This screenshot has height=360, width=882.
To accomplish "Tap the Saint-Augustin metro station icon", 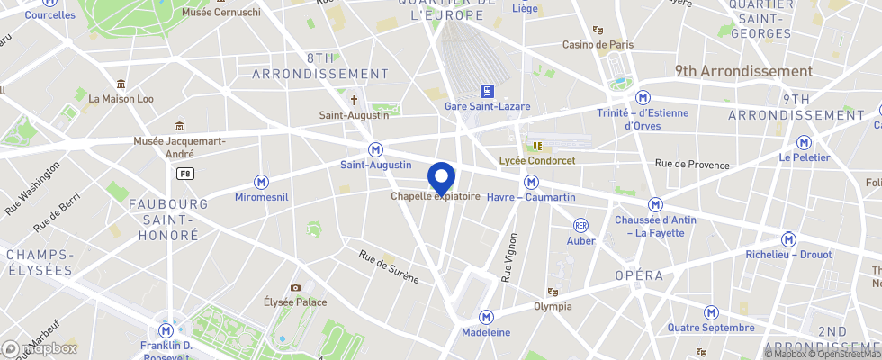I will tap(376, 149).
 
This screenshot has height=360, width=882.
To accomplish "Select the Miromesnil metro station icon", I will tap(262, 182).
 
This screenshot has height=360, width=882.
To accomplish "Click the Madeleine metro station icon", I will tap(486, 317).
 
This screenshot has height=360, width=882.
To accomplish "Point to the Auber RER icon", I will tap(581, 225).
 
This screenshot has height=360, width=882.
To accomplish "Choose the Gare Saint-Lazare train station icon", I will tap(487, 91).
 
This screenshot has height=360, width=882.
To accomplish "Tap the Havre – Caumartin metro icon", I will tap(531, 182).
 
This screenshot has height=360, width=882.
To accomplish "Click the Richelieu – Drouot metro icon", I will tap(789, 239).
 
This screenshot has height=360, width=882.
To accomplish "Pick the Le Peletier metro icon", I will tap(803, 142).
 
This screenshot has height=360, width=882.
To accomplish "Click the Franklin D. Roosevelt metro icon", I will tap(166, 329).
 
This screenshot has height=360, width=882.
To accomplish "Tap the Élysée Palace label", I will tap(295, 302).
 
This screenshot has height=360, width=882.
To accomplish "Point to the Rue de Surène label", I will tap(389, 266).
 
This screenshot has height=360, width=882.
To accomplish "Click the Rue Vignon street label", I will tap(509, 257).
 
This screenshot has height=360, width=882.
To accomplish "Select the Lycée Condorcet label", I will tap(537, 160).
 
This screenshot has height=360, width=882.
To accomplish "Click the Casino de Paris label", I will tap(598, 45).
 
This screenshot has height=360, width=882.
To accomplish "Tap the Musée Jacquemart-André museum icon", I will tap(180, 126).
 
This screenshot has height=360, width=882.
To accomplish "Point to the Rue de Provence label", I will tap(691, 164).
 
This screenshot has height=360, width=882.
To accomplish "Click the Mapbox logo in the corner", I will tap(40, 348).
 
